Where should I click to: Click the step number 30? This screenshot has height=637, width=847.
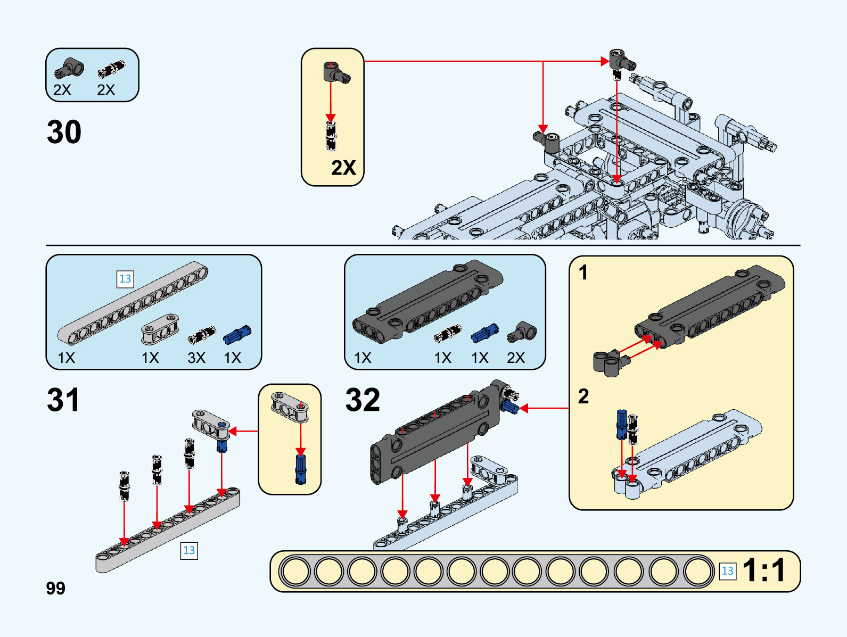pyautogui.click(x=64, y=132)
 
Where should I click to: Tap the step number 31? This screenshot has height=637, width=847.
pyautogui.click(x=63, y=400)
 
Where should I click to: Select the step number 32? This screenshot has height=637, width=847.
pyautogui.click(x=363, y=400)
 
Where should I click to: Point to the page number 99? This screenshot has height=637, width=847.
pyautogui.click(x=55, y=588)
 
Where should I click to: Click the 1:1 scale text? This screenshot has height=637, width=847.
pyautogui.click(x=764, y=570)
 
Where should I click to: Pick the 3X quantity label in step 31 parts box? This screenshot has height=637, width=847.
pyautogui.click(x=196, y=358)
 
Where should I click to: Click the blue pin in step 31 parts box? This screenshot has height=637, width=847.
pyautogui.click(x=237, y=334)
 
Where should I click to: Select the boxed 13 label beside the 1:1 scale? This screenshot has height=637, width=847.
pyautogui.click(x=727, y=571)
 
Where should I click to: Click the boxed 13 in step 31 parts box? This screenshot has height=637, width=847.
pyautogui.click(x=125, y=279)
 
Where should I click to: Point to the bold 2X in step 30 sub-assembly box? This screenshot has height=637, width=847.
pyautogui.click(x=343, y=168)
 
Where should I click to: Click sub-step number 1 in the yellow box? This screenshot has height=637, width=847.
pyautogui.click(x=583, y=272)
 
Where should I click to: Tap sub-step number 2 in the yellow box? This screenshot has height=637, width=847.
pyautogui.click(x=583, y=396)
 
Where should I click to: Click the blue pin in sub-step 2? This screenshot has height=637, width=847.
pyautogui.click(x=621, y=424)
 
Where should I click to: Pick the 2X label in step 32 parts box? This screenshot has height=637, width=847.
pyautogui.click(x=516, y=358)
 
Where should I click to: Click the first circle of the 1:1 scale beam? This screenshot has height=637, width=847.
pyautogui.click(x=295, y=571)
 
